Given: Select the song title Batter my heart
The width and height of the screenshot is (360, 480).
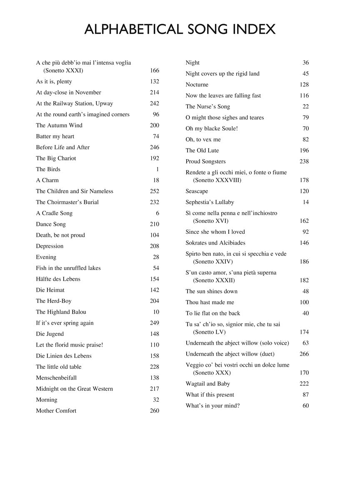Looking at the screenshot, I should click(x=55, y=136).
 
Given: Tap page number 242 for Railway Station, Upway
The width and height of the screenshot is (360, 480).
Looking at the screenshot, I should click(x=154, y=103).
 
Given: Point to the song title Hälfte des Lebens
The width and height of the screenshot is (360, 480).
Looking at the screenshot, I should click(x=58, y=279).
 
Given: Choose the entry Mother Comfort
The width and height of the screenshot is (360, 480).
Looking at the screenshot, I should click(x=56, y=411).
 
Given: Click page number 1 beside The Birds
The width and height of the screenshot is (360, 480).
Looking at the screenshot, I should click(x=157, y=169).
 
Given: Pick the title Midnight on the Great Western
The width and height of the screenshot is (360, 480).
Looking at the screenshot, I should click(x=74, y=389).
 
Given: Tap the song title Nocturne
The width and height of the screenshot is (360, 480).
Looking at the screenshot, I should click(x=197, y=85).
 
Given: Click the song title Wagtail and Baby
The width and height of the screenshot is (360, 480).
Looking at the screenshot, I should click(x=207, y=384).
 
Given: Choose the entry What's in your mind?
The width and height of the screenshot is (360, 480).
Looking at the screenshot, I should click(x=212, y=406).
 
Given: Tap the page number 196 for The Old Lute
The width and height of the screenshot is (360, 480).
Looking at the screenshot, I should click(x=304, y=150).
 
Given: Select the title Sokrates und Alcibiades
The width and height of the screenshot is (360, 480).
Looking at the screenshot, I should click(x=215, y=243).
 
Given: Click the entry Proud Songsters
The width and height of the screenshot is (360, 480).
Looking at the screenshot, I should click(x=205, y=162).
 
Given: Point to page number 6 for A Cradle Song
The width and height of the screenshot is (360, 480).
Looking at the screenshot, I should click(x=157, y=213).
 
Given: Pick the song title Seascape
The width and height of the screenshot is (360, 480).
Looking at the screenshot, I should click(x=197, y=191).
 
